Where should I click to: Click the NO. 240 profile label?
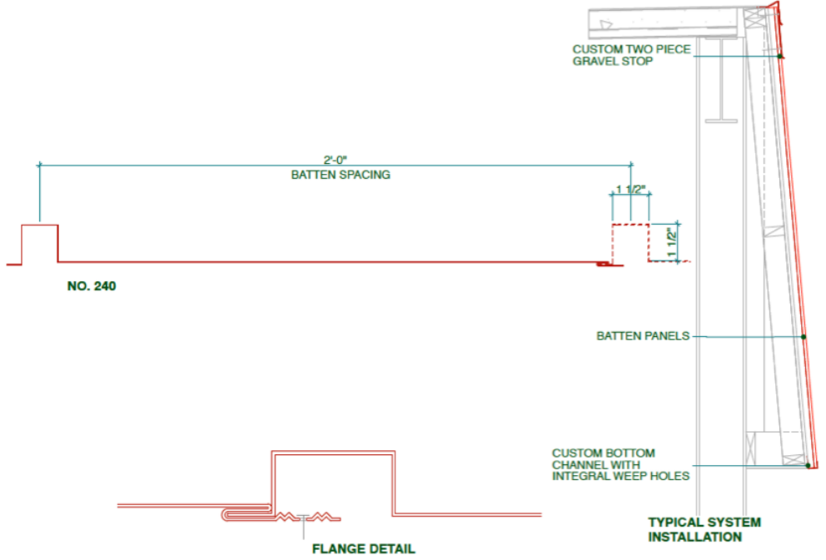[92, 285]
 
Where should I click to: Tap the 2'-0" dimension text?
[336, 160]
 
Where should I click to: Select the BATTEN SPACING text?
[341, 175]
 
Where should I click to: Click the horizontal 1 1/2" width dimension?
[630, 190]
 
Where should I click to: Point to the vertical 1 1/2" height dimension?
[672, 242]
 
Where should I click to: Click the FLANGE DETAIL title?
[364, 549]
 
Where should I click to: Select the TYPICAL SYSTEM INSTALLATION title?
[704, 529]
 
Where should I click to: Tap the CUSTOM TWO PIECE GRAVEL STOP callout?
[631, 55]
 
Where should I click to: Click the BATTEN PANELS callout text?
[643, 336]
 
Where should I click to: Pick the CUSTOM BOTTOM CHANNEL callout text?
[620, 465]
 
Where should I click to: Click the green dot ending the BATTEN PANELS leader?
[804, 337]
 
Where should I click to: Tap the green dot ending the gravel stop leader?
[780, 57]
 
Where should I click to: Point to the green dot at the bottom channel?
[808, 466]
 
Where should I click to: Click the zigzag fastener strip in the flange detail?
[308, 518]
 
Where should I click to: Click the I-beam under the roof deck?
[721, 79]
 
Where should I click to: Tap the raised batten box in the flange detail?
[333, 452]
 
